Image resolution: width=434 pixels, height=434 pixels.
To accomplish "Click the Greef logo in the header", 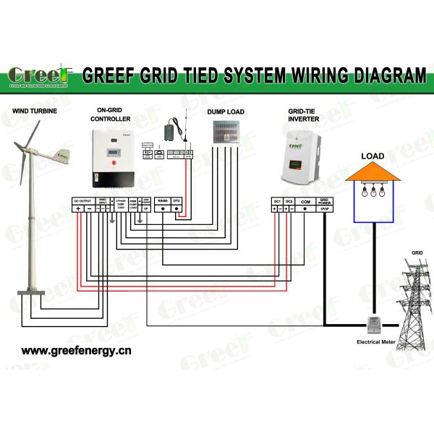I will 40,75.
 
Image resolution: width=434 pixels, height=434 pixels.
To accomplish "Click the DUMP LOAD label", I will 226,112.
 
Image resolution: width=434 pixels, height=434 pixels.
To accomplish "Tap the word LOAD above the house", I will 373,156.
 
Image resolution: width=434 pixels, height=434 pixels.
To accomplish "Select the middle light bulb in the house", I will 373,192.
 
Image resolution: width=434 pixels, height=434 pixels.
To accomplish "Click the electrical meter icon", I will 374,324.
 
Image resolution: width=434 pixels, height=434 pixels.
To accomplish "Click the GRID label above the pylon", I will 417,253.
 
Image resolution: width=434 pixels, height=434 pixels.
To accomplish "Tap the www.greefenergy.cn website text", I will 76,352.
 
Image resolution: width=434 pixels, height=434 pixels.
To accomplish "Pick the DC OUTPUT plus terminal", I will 78,208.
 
